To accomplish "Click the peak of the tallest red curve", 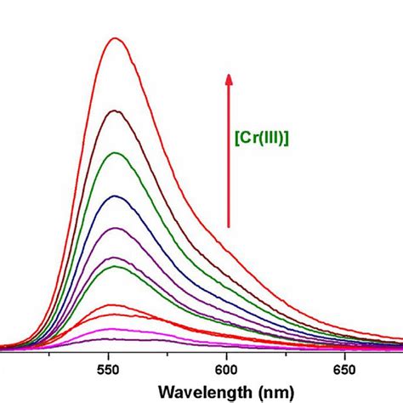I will click(x=115, y=38).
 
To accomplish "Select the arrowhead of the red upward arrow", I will click(x=228, y=79).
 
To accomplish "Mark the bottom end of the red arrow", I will click(x=228, y=226).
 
